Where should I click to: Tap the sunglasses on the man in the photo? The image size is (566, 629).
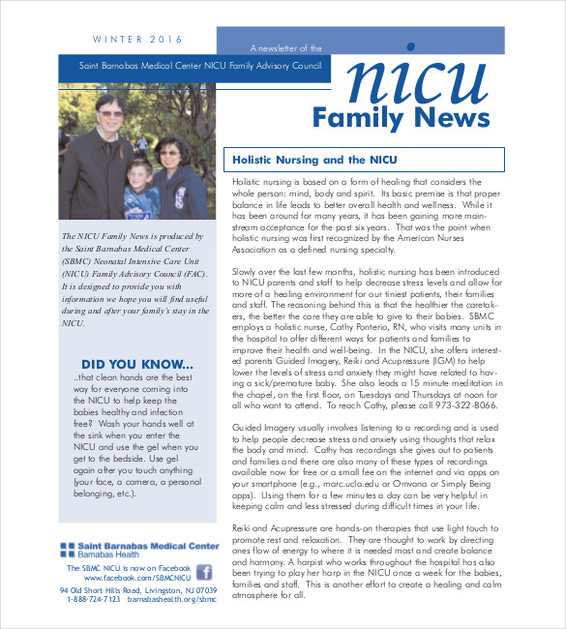[x=108, y=114]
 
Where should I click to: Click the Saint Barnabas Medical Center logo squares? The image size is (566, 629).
[x=66, y=549]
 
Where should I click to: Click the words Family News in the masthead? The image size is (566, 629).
[x=401, y=118]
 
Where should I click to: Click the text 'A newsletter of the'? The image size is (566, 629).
[x=285, y=47]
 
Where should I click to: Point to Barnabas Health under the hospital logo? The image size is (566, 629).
[x=106, y=554]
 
